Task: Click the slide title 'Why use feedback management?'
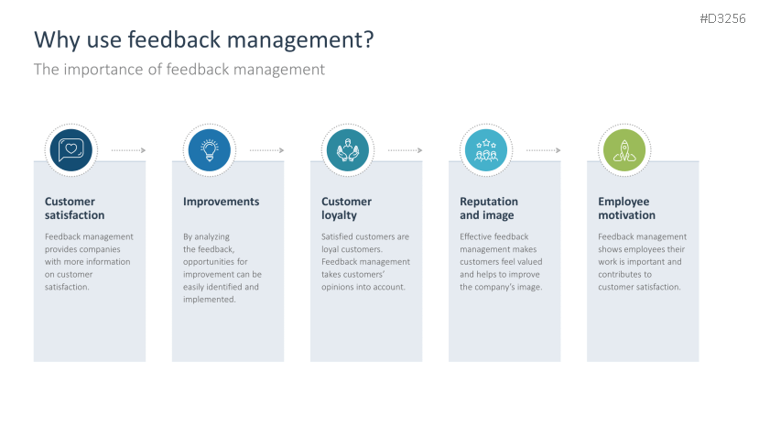pyautogui.click(x=203, y=39)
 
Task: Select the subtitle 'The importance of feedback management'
pyautogui.click(x=179, y=69)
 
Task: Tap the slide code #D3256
pyautogui.click(x=723, y=18)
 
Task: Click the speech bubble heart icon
pyautogui.click(x=71, y=149)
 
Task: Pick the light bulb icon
pyautogui.click(x=209, y=149)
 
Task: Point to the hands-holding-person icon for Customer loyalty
pyautogui.click(x=347, y=149)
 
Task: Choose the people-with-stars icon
pyautogui.click(x=485, y=149)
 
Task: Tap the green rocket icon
pyautogui.click(x=623, y=149)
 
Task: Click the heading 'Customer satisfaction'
pyautogui.click(x=75, y=208)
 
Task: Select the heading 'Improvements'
pyautogui.click(x=221, y=202)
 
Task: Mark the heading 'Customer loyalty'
pyautogui.click(x=347, y=208)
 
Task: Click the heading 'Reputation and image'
pyautogui.click(x=489, y=208)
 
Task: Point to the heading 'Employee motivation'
pyautogui.click(x=627, y=208)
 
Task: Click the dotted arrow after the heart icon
pyautogui.click(x=128, y=149)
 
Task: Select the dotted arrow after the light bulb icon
pyautogui.click(x=266, y=149)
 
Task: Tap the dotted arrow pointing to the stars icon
pyautogui.click(x=405, y=149)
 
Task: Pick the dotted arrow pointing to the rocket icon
pyautogui.click(x=543, y=149)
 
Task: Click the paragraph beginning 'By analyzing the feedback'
pyautogui.click(x=222, y=268)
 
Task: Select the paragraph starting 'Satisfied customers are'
pyautogui.click(x=365, y=261)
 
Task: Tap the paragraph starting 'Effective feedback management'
pyautogui.click(x=502, y=261)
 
